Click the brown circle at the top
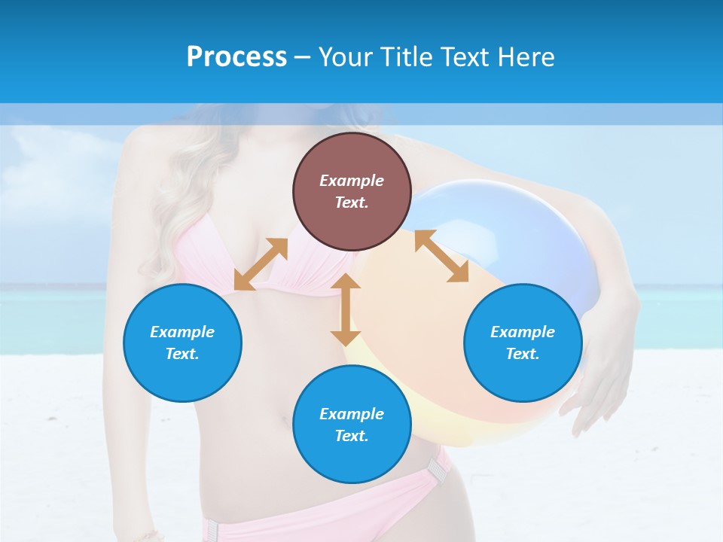352,191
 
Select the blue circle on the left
182,343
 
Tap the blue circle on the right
523,343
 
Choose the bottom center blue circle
352,425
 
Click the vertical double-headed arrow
346,309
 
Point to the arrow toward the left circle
261,264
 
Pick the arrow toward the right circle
441,256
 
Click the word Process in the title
236,56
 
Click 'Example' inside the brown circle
352,181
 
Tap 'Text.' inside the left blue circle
182,354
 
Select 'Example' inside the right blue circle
523,332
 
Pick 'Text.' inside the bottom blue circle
352,436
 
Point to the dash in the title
302,57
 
